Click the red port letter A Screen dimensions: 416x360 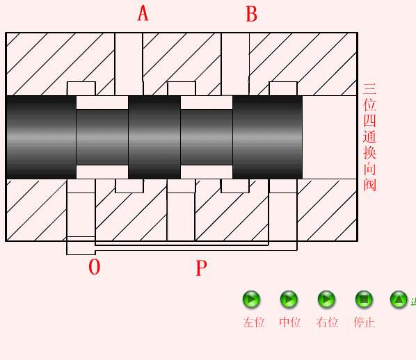(143, 13)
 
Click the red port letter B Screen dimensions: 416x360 (252, 14)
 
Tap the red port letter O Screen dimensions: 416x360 (95, 267)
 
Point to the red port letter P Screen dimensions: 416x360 (201, 268)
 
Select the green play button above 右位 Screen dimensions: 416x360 (326, 300)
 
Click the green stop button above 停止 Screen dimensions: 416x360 (364, 300)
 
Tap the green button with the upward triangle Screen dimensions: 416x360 (399, 300)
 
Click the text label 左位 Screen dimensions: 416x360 (254, 322)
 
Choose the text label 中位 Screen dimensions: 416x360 (289, 322)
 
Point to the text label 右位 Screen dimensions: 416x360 (327, 322)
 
